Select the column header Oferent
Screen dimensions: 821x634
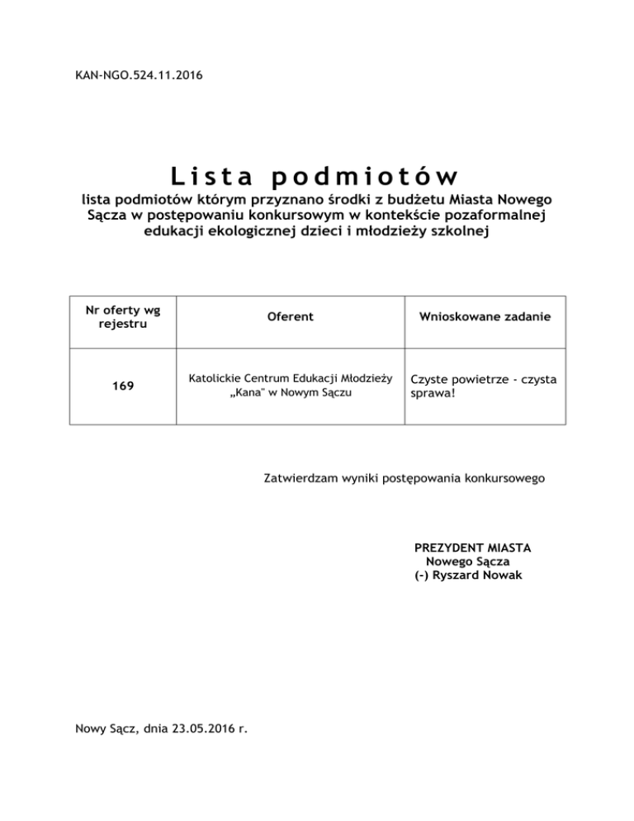tap(290, 317)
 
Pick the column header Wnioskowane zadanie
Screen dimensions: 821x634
tap(485, 317)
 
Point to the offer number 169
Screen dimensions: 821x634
tap(124, 386)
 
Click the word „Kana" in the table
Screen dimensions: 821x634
tap(245, 392)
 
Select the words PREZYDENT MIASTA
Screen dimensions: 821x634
tap(472, 548)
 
